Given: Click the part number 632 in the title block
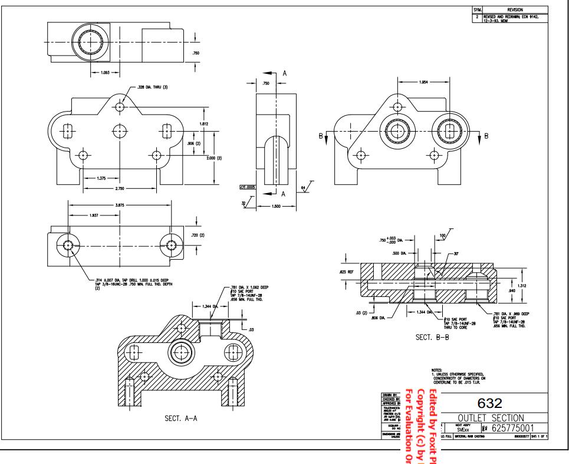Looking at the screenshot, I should pos(490,403).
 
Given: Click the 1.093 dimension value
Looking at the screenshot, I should pos(100,73).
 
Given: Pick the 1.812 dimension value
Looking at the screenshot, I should pos(204,124).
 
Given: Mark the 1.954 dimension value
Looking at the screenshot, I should pos(423,82).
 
